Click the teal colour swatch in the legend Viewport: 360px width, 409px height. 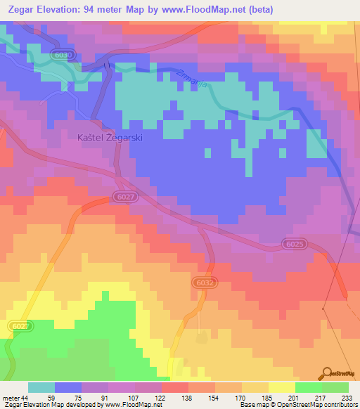point(41,387)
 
